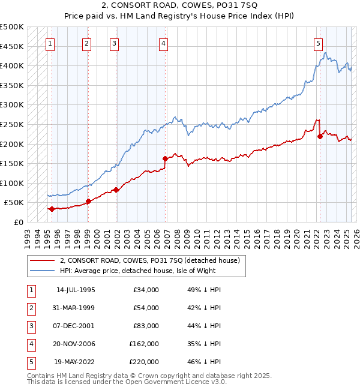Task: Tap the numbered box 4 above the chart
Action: [163, 43]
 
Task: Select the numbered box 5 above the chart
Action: [318, 43]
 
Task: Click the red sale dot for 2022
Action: [320, 136]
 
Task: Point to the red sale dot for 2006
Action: [165, 158]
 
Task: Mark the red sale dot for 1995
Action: [52, 209]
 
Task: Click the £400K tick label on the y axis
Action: [12, 65]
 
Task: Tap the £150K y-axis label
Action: [12, 163]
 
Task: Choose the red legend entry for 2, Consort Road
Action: [149, 260]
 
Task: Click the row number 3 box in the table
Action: [30, 326]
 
